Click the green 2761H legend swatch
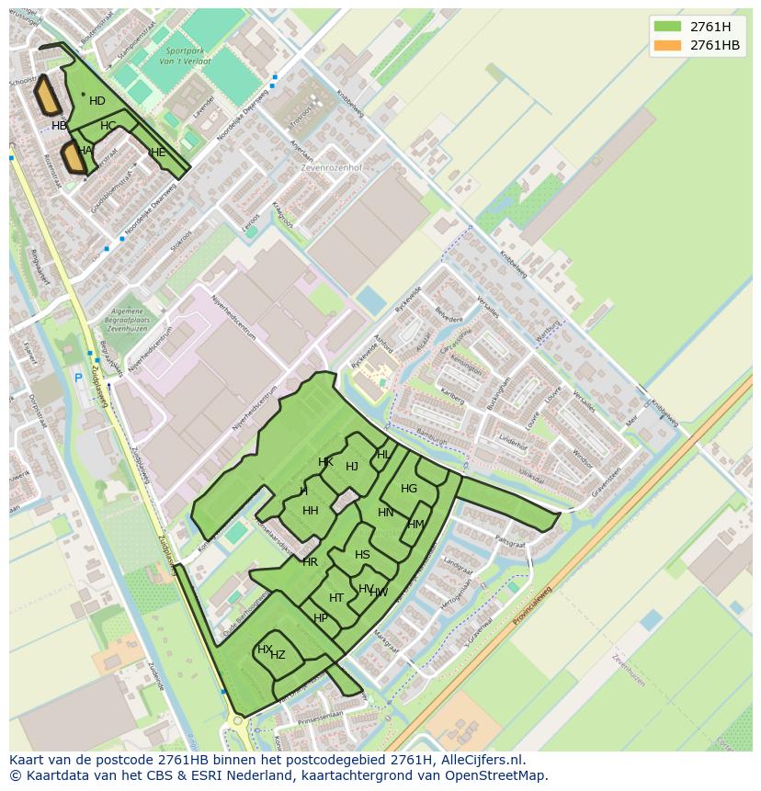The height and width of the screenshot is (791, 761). click(667, 26)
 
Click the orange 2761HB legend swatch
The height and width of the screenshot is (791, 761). click(667, 45)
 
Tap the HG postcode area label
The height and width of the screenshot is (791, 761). click(409, 489)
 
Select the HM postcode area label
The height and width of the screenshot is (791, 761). click(416, 525)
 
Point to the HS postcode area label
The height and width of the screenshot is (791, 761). click(362, 555)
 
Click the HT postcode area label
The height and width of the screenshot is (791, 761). click(336, 598)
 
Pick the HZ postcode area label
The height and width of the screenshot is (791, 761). click(278, 655)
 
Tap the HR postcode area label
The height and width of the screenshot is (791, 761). click(310, 562)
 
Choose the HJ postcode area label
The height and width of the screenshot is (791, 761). click(352, 467)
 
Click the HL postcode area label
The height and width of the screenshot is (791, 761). click(383, 455)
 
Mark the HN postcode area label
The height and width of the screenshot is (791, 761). click(386, 513)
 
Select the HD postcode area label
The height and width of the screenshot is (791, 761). click(97, 101)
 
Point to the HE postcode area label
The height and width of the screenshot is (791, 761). click(158, 153)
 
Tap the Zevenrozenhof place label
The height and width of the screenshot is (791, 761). click(332, 168)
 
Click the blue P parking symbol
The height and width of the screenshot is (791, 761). click(79, 378)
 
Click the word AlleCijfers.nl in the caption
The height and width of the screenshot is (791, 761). click(482, 760)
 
